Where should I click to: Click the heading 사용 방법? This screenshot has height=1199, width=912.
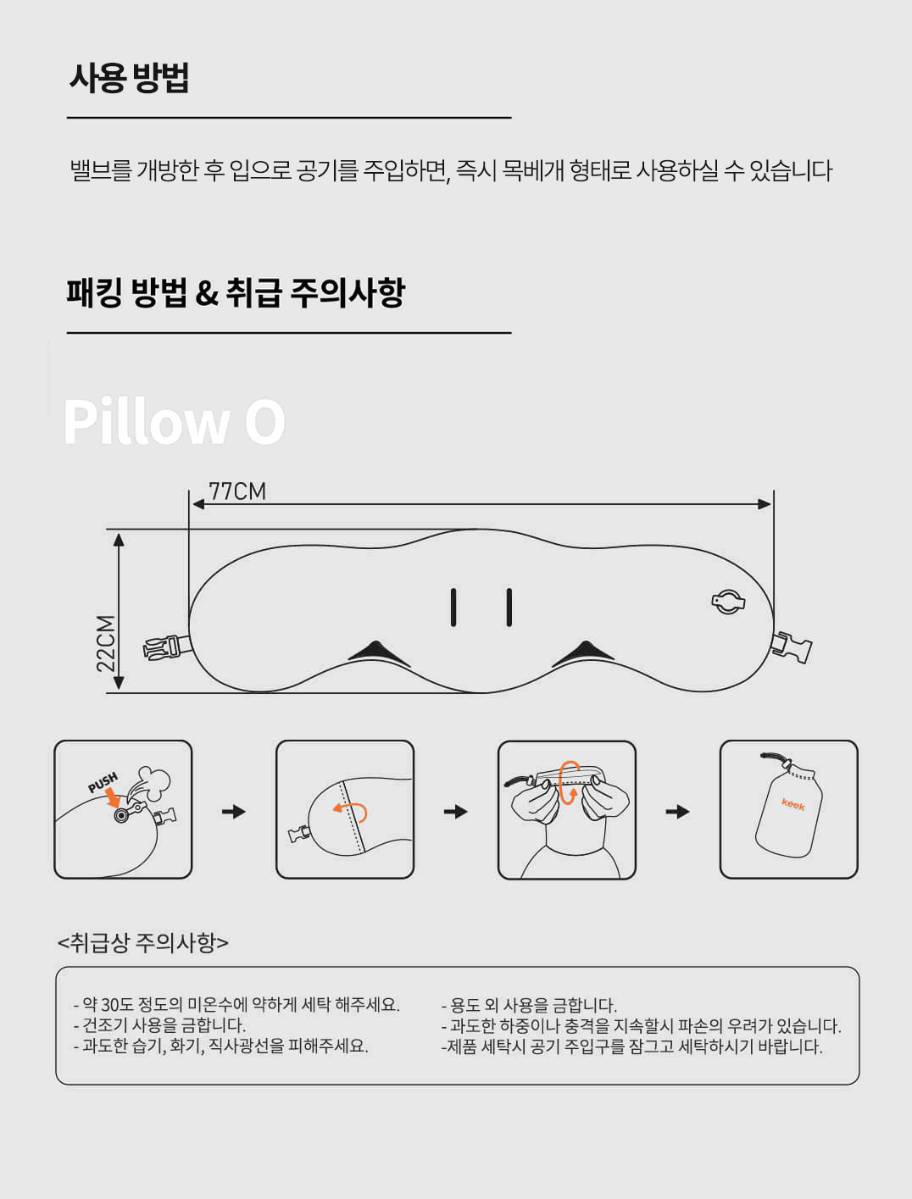coord(129,78)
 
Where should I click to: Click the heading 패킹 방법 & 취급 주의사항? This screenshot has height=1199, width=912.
coord(236,293)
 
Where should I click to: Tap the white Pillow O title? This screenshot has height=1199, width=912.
coord(174,421)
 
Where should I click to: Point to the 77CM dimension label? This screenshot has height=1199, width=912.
coord(237,491)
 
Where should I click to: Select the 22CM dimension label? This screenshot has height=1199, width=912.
coord(106,643)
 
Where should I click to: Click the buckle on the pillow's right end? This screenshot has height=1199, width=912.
coord(791,647)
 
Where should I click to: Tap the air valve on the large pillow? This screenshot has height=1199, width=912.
coord(727,602)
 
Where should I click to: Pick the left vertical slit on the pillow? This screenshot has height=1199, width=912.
coord(453,608)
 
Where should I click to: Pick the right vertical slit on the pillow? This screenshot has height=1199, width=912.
coord(509,608)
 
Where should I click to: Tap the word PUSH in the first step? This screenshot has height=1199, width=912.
coord(103,782)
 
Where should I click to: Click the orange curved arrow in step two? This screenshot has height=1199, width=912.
coord(351,811)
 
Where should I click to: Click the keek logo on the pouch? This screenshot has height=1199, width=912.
coord(793,804)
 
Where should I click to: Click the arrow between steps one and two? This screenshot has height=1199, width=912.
coord(233,811)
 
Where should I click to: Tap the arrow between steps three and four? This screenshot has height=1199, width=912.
coord(677,811)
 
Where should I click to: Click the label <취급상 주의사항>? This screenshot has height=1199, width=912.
coord(142,942)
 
